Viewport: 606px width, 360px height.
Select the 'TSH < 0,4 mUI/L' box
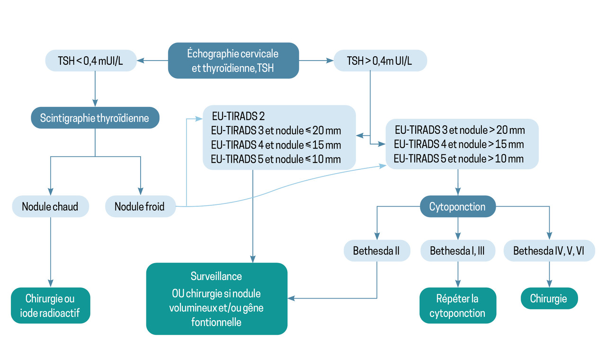[90, 61]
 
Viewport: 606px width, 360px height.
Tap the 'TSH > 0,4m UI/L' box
[380, 61]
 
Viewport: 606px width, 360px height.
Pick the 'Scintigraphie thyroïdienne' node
[95, 118]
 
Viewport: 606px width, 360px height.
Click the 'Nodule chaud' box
[50, 207]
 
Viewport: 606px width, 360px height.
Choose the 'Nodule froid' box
[140, 207]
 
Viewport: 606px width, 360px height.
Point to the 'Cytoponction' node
[457, 207]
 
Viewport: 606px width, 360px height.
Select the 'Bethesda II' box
[376, 251]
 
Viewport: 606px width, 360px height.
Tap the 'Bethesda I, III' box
[457, 251]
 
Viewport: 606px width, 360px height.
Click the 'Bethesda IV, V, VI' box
[549, 251]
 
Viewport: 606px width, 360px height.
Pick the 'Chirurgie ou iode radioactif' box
[50, 306]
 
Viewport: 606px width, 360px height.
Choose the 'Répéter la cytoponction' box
[457, 306]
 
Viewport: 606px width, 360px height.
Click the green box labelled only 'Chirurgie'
[549, 299]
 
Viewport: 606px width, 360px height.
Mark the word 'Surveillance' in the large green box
[216, 276]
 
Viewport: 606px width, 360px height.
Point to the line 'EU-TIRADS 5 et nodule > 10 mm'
[459, 158]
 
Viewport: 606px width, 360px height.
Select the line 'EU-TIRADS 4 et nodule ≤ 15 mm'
[276, 144]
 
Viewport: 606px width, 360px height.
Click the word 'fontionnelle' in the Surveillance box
[216, 322]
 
